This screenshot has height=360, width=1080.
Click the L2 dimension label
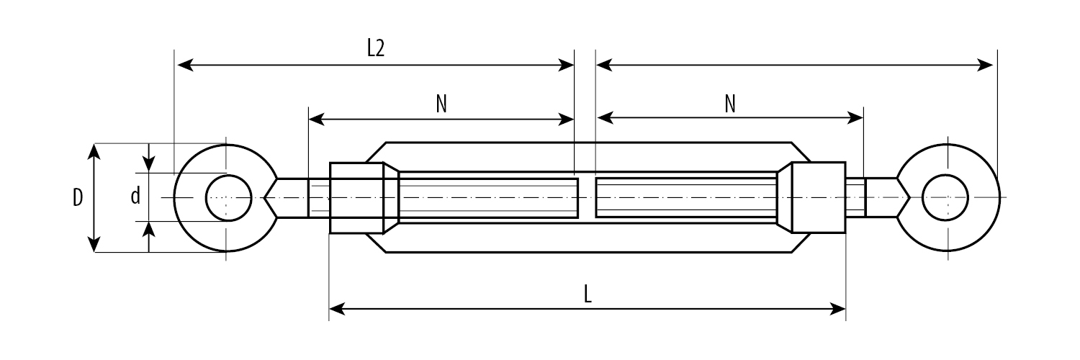click(x=376, y=48)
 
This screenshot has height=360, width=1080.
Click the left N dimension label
click(x=441, y=104)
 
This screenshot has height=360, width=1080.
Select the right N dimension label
click(x=730, y=104)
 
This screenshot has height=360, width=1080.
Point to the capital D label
click(x=78, y=197)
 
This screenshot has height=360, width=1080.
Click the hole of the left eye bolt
click(x=228, y=197)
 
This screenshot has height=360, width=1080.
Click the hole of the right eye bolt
click(x=945, y=197)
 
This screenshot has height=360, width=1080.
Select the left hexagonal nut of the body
click(x=357, y=197)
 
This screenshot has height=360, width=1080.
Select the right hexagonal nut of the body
click(x=818, y=197)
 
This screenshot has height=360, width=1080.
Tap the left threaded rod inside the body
click(x=488, y=197)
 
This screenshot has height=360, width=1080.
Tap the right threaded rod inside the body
click(x=685, y=197)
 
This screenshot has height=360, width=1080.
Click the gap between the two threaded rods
click(x=586, y=197)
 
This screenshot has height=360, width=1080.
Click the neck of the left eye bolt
click(x=292, y=197)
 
